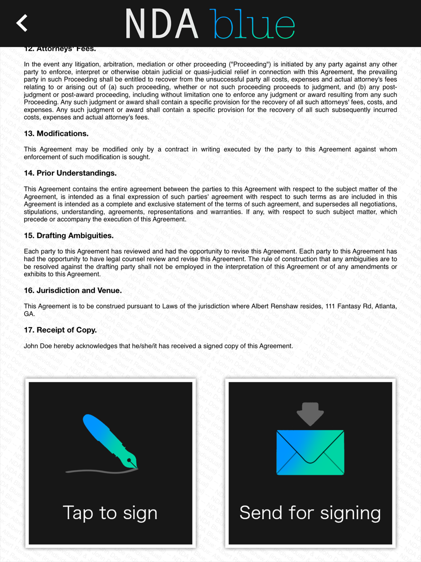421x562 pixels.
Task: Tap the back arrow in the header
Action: click(22, 23)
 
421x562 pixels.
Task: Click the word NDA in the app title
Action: click(162, 24)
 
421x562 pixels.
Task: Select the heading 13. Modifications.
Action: click(56, 134)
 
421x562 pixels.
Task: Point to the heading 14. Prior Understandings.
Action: click(70, 173)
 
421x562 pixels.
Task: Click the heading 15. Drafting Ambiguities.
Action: click(69, 236)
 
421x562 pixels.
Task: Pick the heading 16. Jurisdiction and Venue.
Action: click(72, 290)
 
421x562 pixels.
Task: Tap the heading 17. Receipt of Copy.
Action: click(60, 330)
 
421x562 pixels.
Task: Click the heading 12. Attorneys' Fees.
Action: click(60, 49)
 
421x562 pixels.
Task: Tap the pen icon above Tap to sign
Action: click(110, 440)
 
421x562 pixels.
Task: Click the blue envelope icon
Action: click(310, 452)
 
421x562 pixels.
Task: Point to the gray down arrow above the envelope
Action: click(310, 413)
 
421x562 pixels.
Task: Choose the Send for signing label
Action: click(310, 513)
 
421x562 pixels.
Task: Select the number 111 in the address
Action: click(330, 306)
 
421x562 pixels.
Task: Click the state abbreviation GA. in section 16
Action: click(29, 314)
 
